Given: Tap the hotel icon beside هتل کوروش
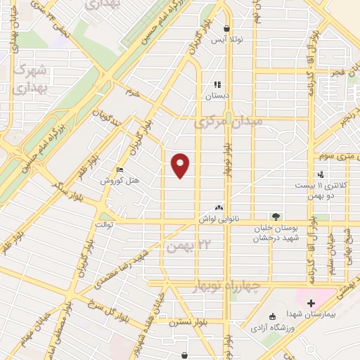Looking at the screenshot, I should pyautogui.click(x=120, y=171).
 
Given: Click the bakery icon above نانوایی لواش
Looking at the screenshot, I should pyautogui.click(x=218, y=208).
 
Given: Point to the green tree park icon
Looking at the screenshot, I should pyautogui.click(x=275, y=217).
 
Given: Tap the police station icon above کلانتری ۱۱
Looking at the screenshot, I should pyautogui.click(x=321, y=174).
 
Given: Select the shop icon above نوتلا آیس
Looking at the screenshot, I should pyautogui.click(x=226, y=29).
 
